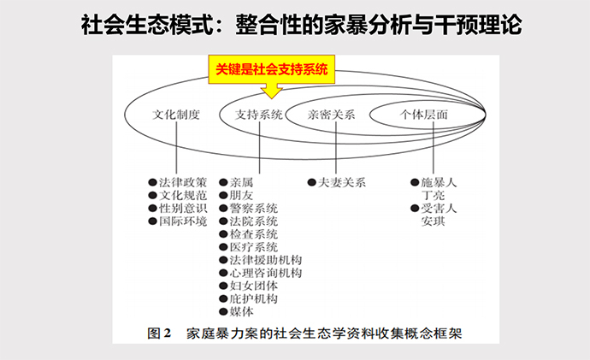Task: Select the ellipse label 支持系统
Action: (259, 115)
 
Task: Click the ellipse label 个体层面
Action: (424, 115)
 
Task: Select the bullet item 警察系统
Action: (254, 208)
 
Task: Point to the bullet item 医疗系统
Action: (254, 247)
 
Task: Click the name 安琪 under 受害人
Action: (434, 221)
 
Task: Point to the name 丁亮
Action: (434, 195)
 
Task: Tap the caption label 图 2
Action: (161, 331)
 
